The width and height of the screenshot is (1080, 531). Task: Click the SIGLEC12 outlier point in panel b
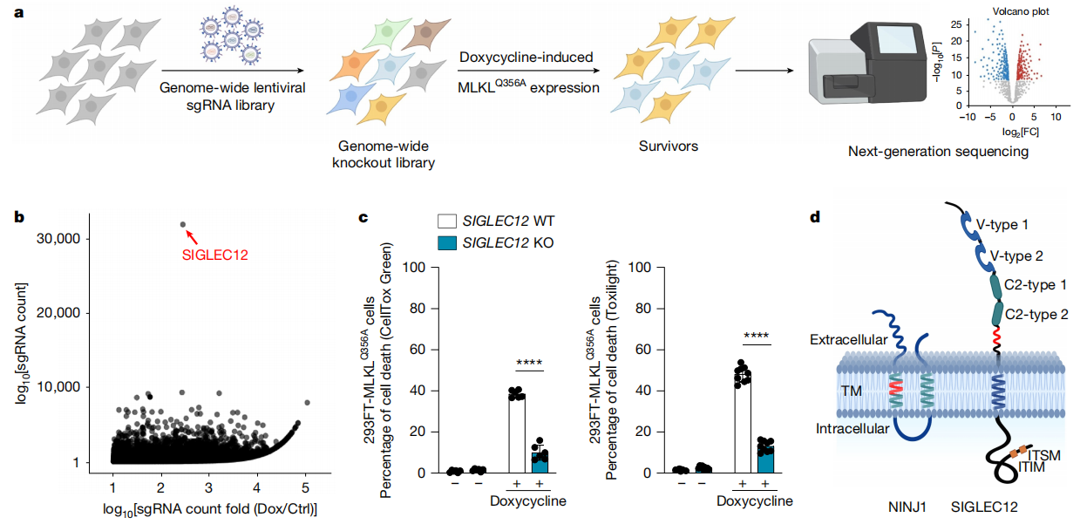[183, 224]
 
